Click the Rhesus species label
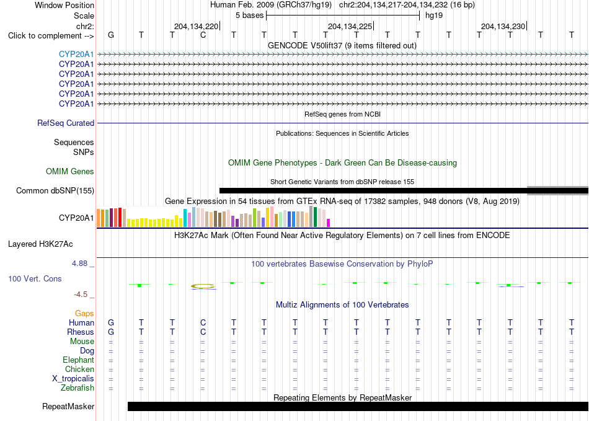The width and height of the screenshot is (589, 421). [81, 332]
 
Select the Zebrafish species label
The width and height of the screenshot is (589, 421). [77, 388]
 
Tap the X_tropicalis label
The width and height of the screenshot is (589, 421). [73, 379]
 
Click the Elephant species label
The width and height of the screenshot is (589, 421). [78, 360]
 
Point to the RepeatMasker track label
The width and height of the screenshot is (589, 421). [68, 406]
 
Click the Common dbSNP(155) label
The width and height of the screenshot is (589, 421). [55, 191]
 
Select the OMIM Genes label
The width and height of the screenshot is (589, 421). [69, 172]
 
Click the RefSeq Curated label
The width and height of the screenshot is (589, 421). [66, 123]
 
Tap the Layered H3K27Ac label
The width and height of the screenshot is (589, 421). [40, 244]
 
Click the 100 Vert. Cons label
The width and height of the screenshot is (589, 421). [35, 278]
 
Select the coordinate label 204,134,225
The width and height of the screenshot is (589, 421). [350, 26]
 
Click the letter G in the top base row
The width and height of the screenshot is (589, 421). [111, 35]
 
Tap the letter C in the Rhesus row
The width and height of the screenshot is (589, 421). [203, 332]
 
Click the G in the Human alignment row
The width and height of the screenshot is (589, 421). [111, 322]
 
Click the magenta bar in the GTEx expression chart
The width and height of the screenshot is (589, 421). [329, 223]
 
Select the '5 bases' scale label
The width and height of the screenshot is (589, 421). [249, 16]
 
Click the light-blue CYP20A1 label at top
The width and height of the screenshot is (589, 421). [76, 55]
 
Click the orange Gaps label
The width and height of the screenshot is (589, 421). [84, 314]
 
